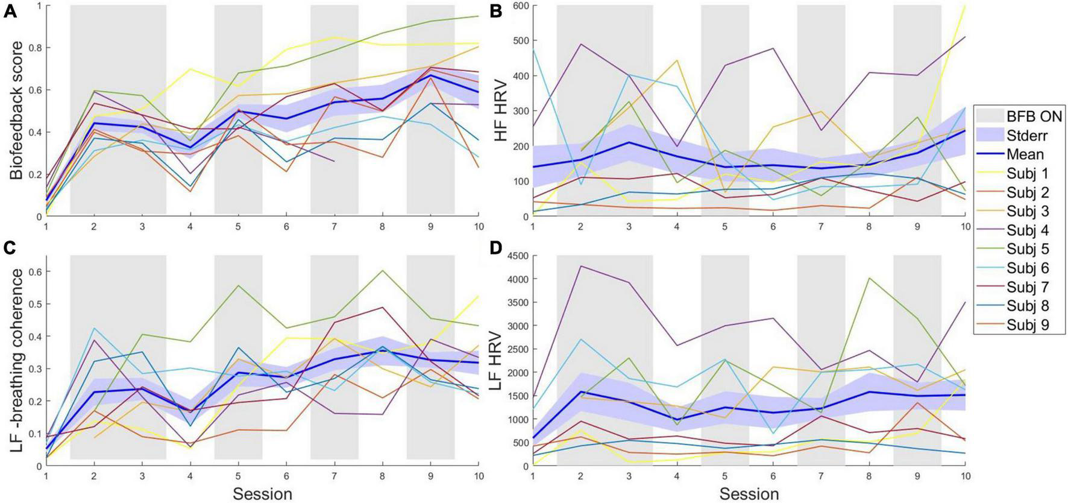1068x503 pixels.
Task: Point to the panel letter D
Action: coord(498,248)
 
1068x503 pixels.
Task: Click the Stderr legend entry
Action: coord(1025,135)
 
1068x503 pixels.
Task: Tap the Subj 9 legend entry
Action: coord(1026,325)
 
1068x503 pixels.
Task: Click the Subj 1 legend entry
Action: coord(1026,173)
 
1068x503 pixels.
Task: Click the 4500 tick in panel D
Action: coord(517,256)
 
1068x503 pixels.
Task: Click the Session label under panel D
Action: coord(749,494)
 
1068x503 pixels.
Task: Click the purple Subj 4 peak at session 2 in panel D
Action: coord(580,266)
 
